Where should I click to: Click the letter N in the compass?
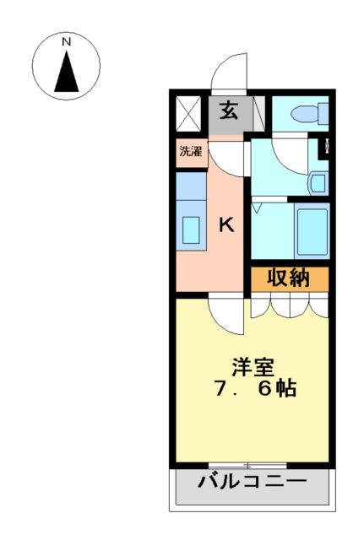[66, 40]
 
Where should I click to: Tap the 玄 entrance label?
[229, 111]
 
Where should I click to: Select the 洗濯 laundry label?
[191, 152]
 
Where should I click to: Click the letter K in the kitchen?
[226, 224]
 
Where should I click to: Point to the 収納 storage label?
[289, 278]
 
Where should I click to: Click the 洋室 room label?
[253, 368]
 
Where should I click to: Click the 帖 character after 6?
[285, 391]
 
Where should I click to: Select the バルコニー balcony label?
[252, 483]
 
